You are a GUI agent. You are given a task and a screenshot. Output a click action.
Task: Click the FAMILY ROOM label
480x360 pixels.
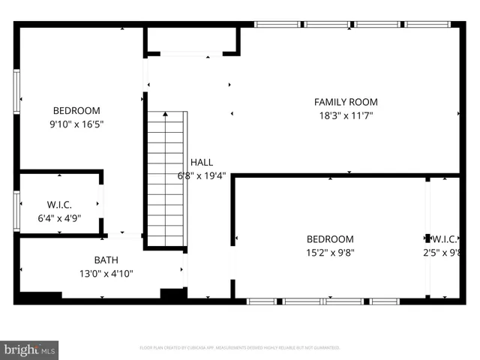[345, 102]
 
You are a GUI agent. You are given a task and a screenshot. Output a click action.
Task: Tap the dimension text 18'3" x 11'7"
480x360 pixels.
[345, 115]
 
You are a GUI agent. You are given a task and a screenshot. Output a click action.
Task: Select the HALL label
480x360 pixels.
[201, 162]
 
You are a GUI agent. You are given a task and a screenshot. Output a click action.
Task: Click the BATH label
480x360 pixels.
[106, 260]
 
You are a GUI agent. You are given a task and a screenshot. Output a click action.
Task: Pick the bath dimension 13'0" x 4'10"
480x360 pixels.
[106, 274]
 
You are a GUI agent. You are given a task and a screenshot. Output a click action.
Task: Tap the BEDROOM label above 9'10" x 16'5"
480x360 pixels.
[76, 110]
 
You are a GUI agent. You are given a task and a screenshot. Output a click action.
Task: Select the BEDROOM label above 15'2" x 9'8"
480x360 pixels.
[331, 239]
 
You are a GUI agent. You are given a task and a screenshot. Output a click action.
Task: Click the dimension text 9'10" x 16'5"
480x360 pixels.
[76, 124]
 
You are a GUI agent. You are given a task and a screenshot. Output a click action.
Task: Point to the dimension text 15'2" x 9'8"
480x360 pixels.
[331, 253]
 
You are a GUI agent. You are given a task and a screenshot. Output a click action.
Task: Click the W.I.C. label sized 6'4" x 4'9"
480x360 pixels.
[59, 205]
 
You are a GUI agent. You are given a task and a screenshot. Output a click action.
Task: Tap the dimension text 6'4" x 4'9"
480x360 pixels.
[59, 218]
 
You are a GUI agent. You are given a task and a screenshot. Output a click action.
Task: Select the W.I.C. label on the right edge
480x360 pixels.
[445, 239]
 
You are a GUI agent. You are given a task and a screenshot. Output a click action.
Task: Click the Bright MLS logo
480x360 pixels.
[30, 349]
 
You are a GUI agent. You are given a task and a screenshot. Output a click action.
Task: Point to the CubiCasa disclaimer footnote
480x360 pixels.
[240, 347]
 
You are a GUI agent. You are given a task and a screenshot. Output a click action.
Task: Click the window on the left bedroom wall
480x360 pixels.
[16, 92]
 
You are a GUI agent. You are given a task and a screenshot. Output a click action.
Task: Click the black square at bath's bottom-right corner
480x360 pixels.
[173, 295]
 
